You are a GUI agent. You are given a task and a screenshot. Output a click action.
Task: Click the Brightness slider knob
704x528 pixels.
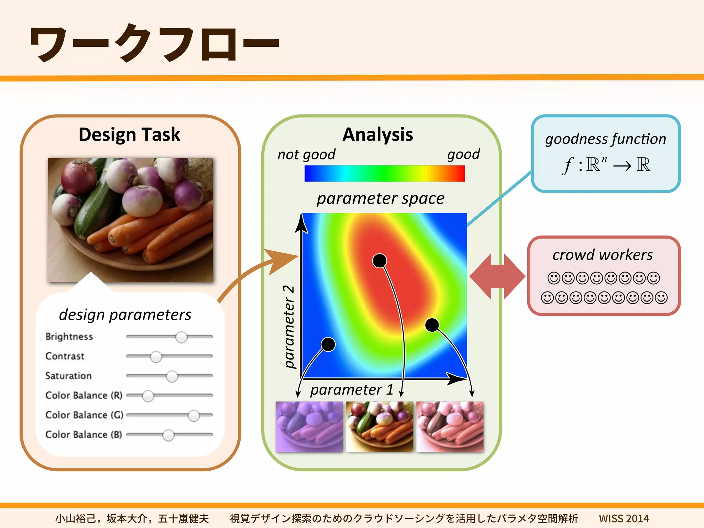pos(181,337)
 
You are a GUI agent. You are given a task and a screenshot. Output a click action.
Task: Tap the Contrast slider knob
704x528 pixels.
pos(156,357)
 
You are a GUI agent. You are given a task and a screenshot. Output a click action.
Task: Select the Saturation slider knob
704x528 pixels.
pos(172,376)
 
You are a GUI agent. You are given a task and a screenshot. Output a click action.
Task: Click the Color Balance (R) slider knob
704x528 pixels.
pos(148,396)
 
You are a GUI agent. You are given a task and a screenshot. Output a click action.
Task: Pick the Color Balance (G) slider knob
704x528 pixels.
pos(194,416)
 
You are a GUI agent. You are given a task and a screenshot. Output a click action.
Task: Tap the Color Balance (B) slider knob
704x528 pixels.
pos(168,435)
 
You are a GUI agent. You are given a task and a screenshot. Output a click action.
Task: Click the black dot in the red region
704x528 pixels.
pos(379,261)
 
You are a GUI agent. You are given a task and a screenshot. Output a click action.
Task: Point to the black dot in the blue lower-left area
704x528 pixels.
pos(328,344)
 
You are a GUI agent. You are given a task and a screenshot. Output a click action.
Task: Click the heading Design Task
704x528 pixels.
pos(129,134)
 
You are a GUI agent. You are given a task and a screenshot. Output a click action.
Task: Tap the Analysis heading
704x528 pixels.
pos(378,134)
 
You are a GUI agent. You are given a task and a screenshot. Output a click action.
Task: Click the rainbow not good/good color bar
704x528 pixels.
pos(384,173)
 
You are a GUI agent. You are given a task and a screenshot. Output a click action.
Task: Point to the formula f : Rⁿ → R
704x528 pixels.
pos(606,165)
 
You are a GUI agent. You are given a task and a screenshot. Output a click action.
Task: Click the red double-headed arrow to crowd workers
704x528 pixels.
pos(497,276)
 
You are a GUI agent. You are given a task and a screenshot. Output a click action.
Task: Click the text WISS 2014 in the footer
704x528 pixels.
pos(624,518)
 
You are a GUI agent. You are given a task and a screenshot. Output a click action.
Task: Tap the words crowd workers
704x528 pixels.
pos(602,255)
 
